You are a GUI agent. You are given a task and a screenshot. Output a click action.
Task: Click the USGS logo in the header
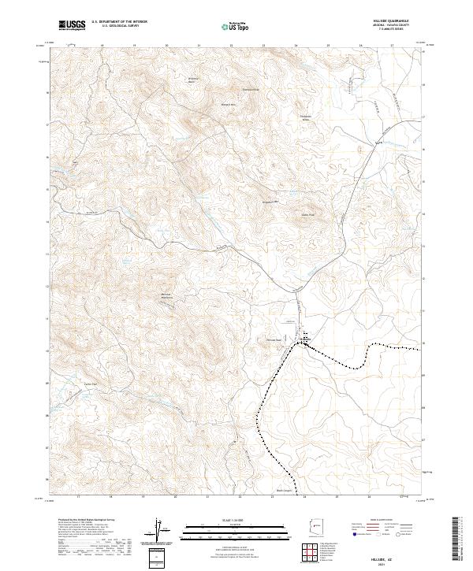click(x=73, y=25)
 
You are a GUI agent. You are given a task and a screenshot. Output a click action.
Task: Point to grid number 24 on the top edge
click(x=296, y=46)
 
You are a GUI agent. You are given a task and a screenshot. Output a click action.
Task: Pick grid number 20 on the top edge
click(x=166, y=46)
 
